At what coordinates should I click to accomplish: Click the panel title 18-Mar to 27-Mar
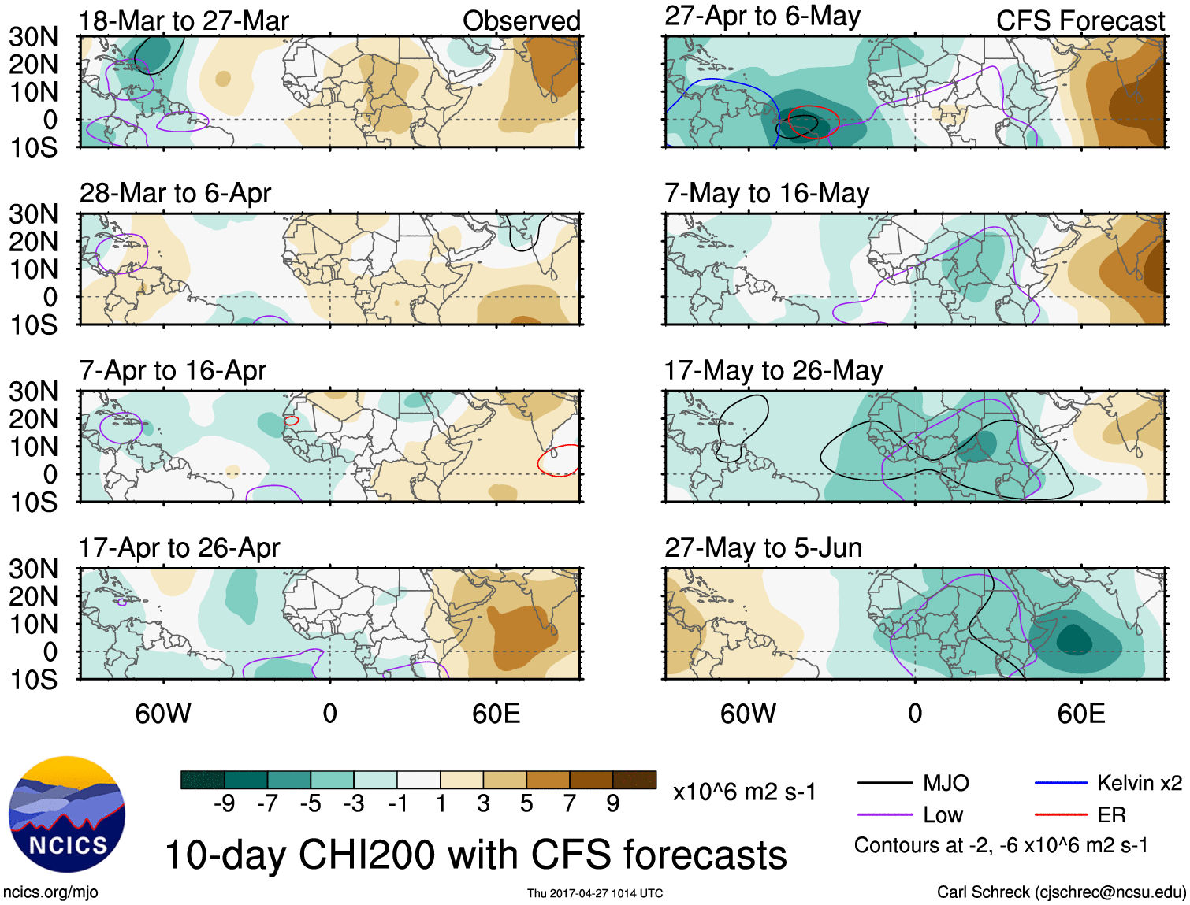click(184, 21)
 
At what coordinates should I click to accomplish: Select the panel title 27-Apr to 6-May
click(762, 17)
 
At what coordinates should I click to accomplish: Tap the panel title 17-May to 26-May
click(773, 370)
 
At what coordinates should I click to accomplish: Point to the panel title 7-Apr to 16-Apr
click(173, 370)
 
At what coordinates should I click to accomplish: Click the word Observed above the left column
click(521, 21)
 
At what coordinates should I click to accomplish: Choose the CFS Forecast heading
click(1080, 21)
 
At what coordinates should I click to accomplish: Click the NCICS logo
click(67, 814)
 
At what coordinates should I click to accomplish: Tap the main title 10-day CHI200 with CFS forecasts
click(475, 855)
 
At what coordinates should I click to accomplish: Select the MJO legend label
click(946, 783)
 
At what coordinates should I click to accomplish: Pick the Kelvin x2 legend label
click(1139, 783)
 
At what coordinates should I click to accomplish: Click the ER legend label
click(1111, 814)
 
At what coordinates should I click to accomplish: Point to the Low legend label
click(943, 814)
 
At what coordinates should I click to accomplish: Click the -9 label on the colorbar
click(224, 803)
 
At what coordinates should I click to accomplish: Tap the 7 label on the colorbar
click(570, 803)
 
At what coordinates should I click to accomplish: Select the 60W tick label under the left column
click(163, 714)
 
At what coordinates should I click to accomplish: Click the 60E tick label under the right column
click(1081, 714)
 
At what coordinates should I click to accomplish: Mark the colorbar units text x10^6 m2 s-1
click(744, 792)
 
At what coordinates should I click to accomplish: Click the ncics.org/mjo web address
click(50, 892)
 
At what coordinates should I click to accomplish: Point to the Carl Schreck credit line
click(1061, 892)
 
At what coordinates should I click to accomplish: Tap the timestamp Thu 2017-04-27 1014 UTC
click(595, 893)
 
